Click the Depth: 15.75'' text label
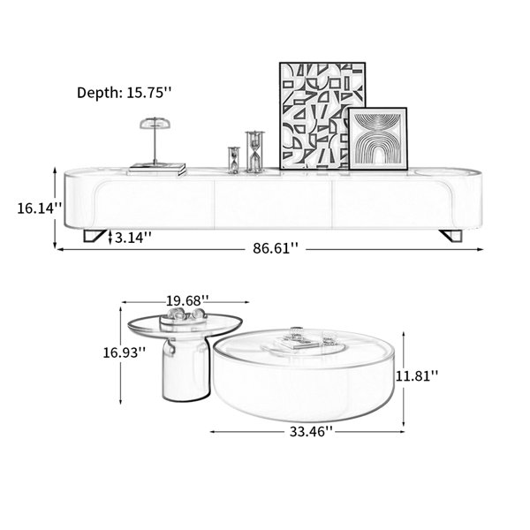click(124, 92)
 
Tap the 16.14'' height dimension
click(40, 208)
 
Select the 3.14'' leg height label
click(132, 238)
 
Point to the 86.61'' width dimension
click(276, 248)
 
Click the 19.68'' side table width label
click(187, 300)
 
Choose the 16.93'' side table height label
click(125, 352)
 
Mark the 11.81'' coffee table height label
click(417, 375)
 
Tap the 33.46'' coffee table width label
click(311, 431)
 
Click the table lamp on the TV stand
click(155, 141)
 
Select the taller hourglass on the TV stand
click(255, 152)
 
